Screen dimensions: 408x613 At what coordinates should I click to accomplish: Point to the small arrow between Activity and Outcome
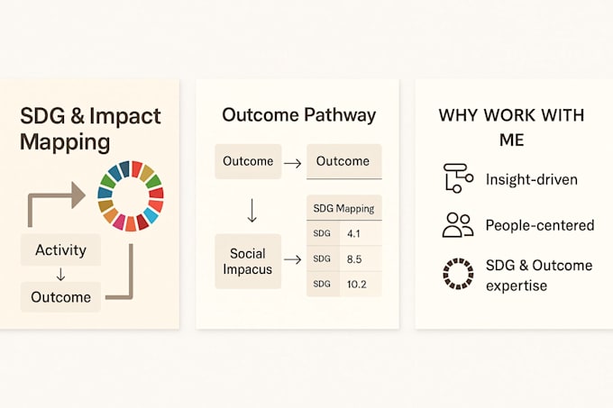[x=59, y=273]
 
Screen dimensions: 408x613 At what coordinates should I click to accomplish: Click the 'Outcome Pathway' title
[x=298, y=115]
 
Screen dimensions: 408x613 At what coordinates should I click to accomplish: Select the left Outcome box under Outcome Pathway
[x=247, y=161]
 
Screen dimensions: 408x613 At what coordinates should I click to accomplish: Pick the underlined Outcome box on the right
[x=343, y=161]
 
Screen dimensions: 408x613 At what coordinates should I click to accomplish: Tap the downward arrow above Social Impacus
[x=252, y=211]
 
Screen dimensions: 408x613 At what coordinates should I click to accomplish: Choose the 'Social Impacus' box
[x=247, y=261]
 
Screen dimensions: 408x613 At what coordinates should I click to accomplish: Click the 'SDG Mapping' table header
[x=343, y=208]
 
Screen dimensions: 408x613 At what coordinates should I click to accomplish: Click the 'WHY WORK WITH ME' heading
[x=511, y=127]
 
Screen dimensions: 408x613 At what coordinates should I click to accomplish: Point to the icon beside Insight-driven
[x=458, y=178]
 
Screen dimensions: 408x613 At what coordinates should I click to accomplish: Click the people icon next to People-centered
[x=458, y=225]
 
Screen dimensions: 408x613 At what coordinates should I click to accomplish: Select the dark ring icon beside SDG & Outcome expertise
[x=458, y=273]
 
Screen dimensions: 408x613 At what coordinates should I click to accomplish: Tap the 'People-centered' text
[x=539, y=225]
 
